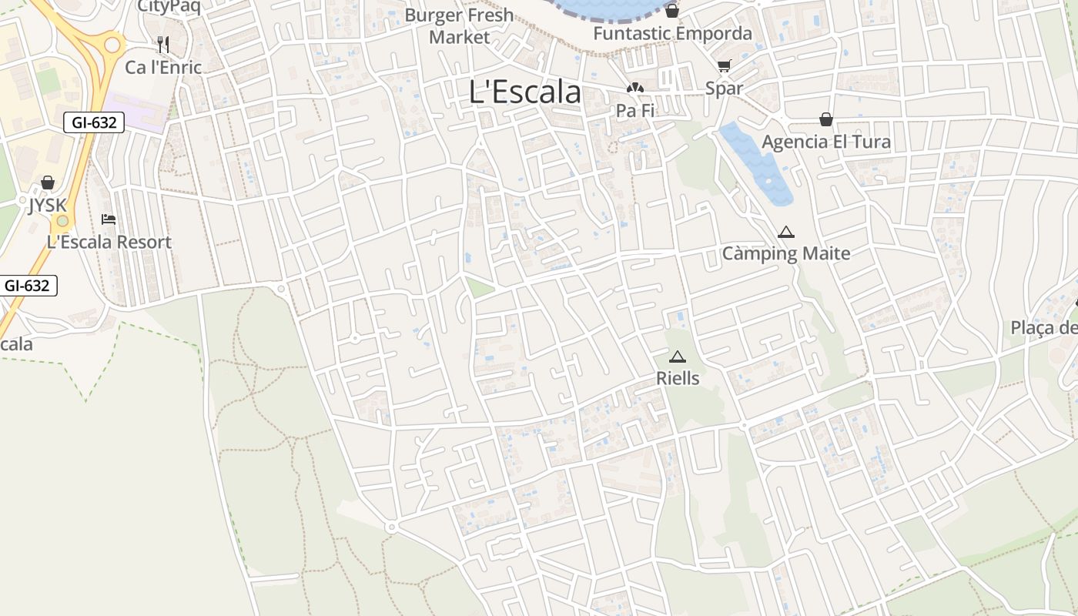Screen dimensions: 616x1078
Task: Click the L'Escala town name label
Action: coord(524,92)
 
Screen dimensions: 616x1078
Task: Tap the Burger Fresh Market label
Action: coord(459,26)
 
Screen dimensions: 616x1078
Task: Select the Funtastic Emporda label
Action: coord(672,34)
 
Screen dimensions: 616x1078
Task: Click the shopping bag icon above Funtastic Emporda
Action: coord(672,11)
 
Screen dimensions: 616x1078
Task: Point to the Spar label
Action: coord(724,88)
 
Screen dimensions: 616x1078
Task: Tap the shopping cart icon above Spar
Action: coord(724,65)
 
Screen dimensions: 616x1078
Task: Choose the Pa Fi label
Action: coord(635,111)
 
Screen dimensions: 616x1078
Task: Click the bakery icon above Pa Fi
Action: coord(635,89)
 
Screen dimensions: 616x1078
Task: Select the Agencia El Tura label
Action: coord(826,142)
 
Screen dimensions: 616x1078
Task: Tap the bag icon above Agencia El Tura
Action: coord(826,119)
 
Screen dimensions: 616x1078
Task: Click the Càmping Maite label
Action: coord(786,253)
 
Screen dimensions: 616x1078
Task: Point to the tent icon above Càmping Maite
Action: coord(786,232)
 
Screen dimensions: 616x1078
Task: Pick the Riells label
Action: coord(678,378)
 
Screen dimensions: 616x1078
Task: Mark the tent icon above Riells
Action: coord(678,357)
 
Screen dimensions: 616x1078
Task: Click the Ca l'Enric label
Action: coord(163,67)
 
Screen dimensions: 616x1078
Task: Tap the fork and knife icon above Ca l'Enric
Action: coord(163,44)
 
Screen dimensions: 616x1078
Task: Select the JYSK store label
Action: coord(48,206)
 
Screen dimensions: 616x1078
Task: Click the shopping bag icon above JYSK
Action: coord(48,182)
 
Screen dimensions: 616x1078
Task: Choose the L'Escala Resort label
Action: coord(109,242)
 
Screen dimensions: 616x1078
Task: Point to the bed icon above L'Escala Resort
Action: coord(109,219)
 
